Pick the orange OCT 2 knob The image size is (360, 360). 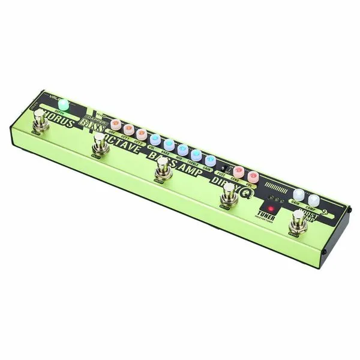point(141,133)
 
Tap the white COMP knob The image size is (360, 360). point(313,199)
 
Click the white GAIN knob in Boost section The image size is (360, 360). point(299,194)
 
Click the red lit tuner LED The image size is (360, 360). point(271,208)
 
